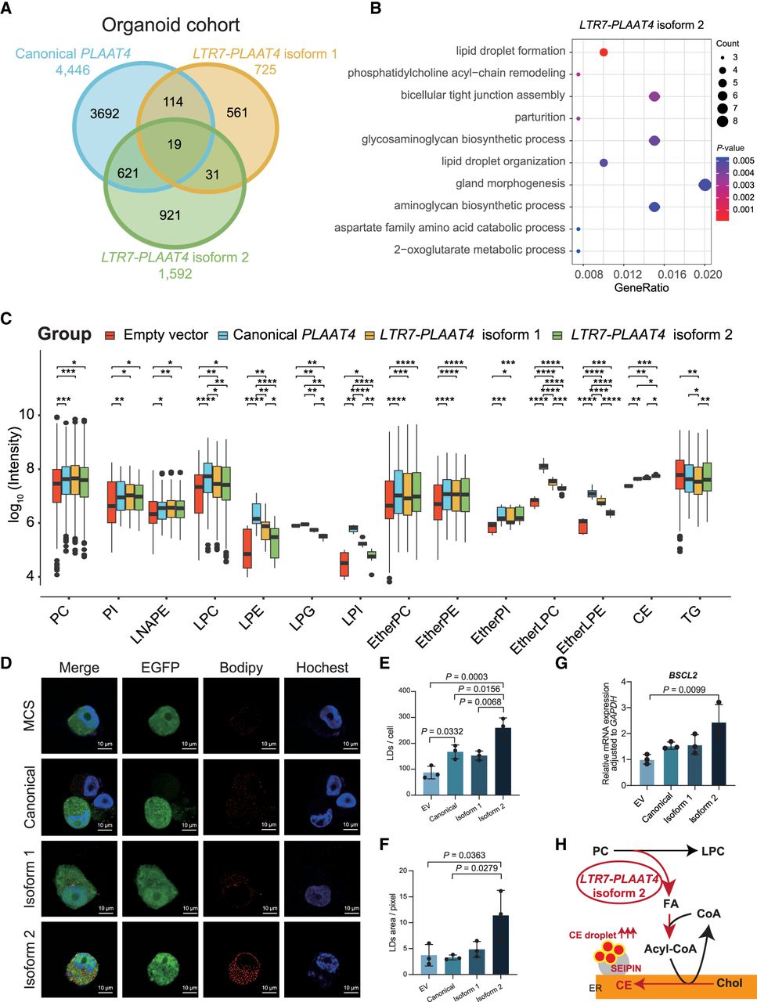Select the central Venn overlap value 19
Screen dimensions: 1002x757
(174, 144)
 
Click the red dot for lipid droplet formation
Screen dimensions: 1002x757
(604, 52)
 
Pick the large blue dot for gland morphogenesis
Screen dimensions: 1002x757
(705, 184)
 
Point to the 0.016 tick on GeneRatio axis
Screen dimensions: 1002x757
(665, 276)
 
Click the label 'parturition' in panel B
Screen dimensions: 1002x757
(540, 117)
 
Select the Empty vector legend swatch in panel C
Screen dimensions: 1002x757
(111, 335)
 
